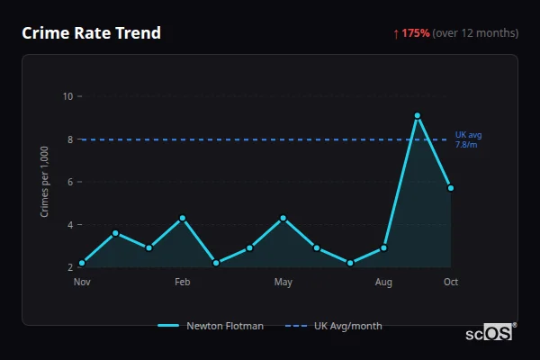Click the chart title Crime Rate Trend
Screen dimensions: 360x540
[x=91, y=33]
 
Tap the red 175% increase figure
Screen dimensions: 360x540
[x=416, y=33]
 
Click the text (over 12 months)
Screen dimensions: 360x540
[x=475, y=33]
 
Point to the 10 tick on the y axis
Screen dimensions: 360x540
[x=67, y=96]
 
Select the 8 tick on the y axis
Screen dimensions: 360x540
[x=69, y=139]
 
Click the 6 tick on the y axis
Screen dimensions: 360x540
[x=69, y=182]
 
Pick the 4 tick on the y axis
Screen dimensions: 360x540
[x=69, y=225]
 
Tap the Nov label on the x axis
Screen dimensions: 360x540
[x=82, y=283]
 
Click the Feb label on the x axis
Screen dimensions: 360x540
[x=183, y=283]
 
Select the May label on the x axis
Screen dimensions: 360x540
[x=283, y=283]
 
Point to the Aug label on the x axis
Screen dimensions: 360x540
[x=383, y=283]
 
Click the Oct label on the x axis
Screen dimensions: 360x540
[x=451, y=283]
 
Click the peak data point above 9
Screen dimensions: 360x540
[x=418, y=115]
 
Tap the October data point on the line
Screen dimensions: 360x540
[x=451, y=188]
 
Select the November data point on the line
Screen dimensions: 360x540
[x=82, y=263]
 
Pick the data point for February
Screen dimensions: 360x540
[x=183, y=218]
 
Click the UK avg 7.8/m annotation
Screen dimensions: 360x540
[x=467, y=139]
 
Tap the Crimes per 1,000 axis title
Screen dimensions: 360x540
[x=44, y=182]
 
